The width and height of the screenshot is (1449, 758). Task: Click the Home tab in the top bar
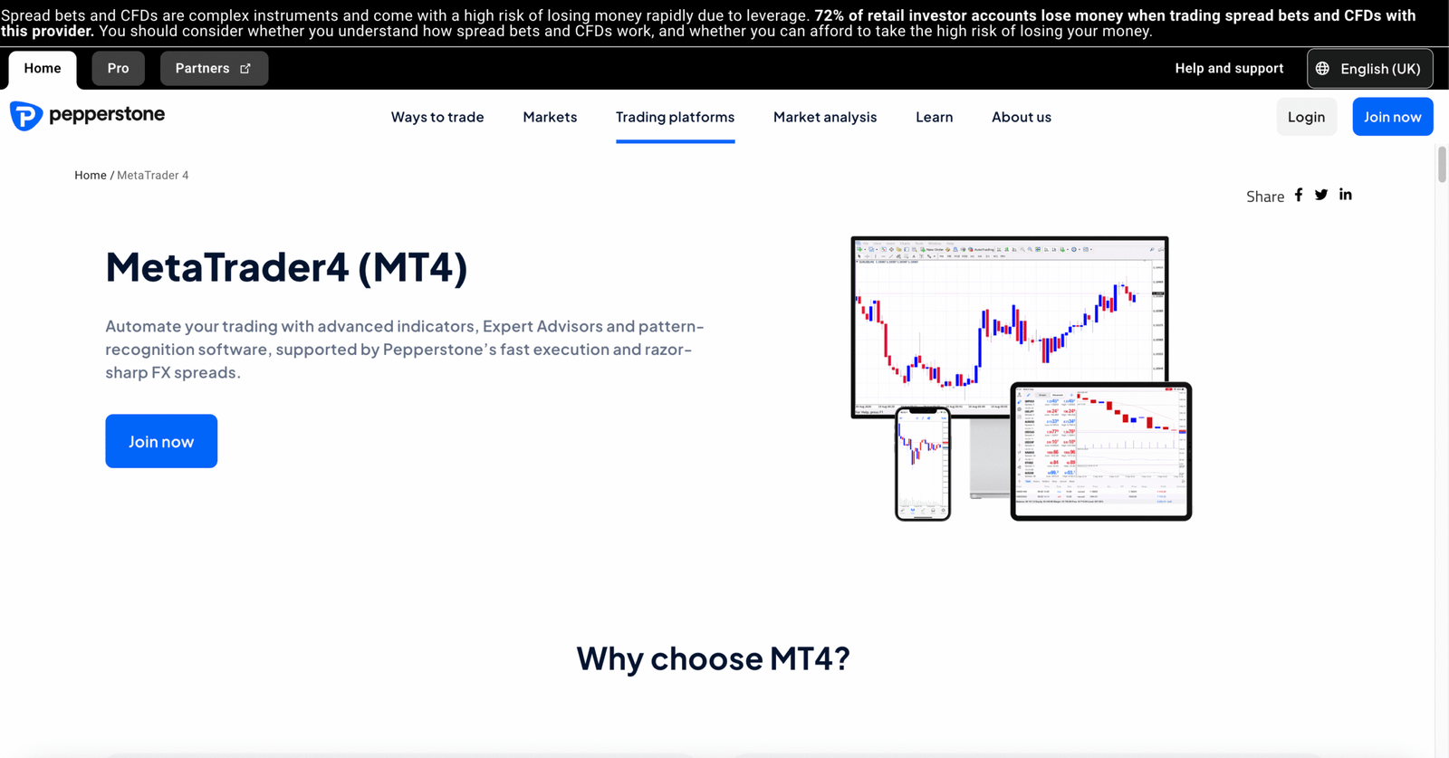(43, 69)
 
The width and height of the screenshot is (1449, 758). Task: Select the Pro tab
(118, 69)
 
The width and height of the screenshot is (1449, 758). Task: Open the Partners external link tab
(214, 69)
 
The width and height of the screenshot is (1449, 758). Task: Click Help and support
(1229, 69)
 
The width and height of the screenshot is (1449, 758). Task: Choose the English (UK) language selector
(1369, 69)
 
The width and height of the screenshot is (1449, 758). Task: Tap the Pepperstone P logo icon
(25, 116)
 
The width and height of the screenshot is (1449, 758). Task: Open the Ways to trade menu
(437, 117)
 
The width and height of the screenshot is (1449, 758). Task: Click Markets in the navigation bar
(550, 117)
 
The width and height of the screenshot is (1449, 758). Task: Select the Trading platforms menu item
(675, 117)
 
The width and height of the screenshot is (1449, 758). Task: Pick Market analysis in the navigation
(825, 117)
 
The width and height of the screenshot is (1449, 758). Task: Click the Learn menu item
(934, 117)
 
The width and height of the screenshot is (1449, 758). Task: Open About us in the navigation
(1022, 117)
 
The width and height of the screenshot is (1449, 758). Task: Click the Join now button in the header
(1392, 117)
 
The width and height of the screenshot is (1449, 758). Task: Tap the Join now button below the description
(161, 441)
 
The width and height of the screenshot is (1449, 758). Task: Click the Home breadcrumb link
(91, 176)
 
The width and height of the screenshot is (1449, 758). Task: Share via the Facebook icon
(1299, 195)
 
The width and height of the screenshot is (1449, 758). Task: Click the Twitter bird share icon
(1321, 195)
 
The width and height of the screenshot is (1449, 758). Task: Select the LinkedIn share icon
(1346, 195)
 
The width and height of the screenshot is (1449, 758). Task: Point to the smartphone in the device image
(923, 464)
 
